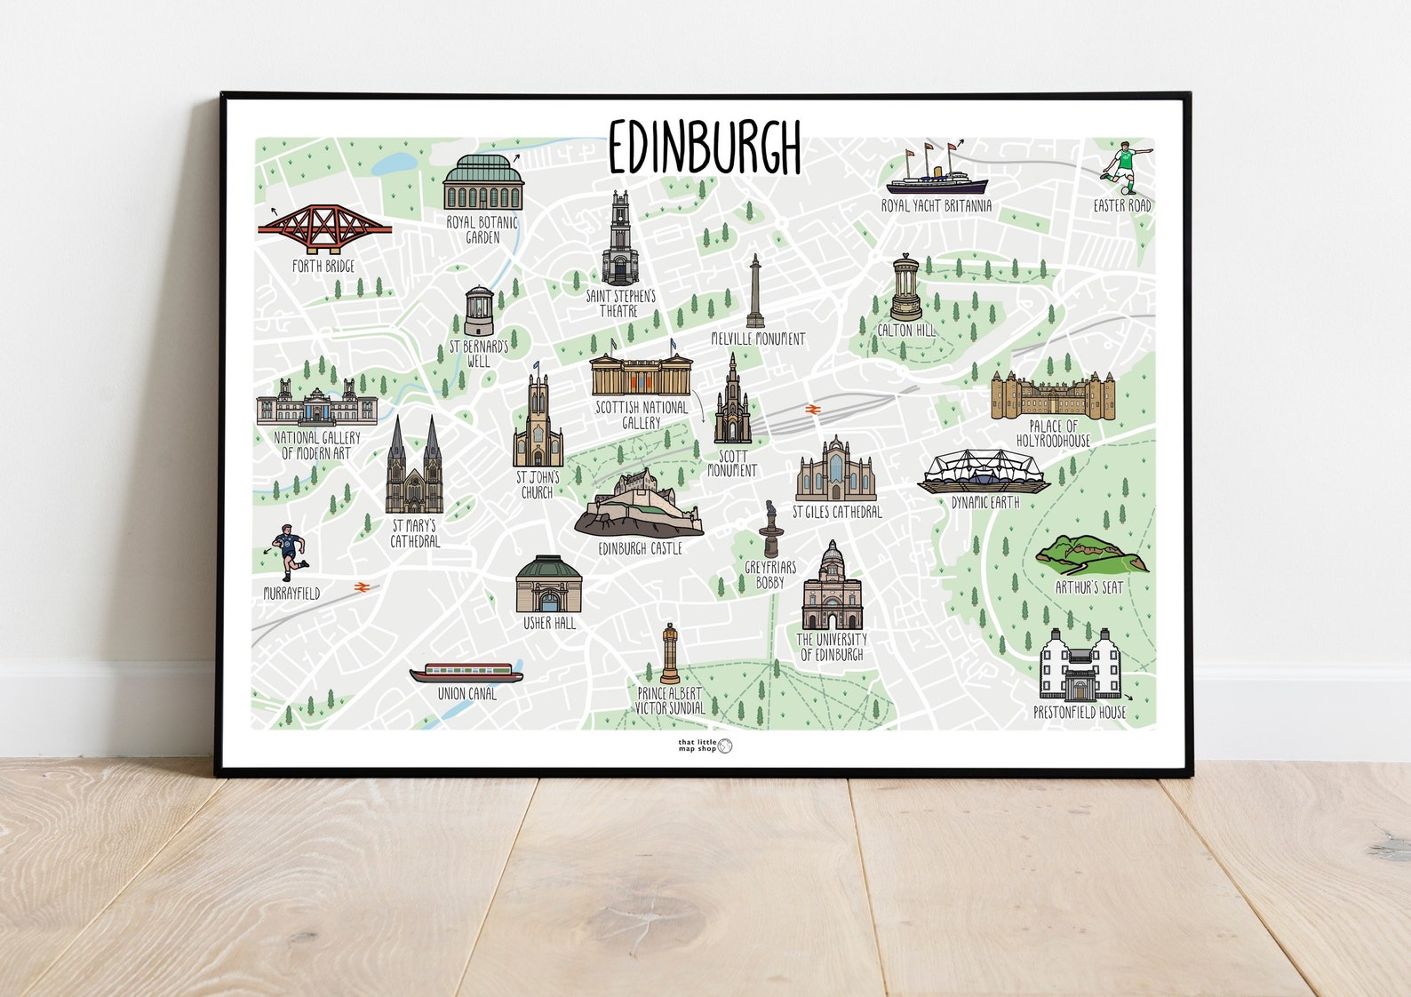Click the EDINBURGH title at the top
[705, 147]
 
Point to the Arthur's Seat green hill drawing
[1091, 554]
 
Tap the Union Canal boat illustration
[466, 673]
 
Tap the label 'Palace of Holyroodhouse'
[1053, 434]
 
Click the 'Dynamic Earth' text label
[985, 503]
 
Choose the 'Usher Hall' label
[549, 624]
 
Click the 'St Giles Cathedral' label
[837, 512]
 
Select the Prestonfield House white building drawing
[1080, 666]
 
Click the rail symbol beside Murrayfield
[361, 587]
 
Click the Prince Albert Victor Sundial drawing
[669, 654]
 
